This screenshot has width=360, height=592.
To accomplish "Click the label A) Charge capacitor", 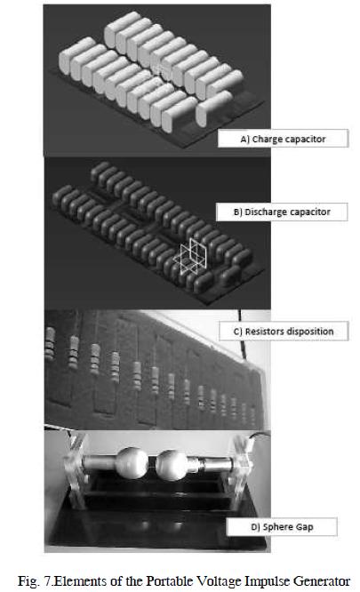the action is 283,139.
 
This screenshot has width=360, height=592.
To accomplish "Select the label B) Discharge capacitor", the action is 282,212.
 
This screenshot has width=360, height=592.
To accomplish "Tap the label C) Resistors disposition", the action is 284,332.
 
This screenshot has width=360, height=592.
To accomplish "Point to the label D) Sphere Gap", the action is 282,527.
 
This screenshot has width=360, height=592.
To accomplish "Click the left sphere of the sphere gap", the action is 132,462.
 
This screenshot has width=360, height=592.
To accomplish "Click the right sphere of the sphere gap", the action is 172,465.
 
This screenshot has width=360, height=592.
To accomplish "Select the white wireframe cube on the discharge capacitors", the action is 190,256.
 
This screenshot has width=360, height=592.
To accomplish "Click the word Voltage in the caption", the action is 219,581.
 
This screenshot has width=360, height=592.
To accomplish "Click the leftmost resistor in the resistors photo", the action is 50,344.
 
